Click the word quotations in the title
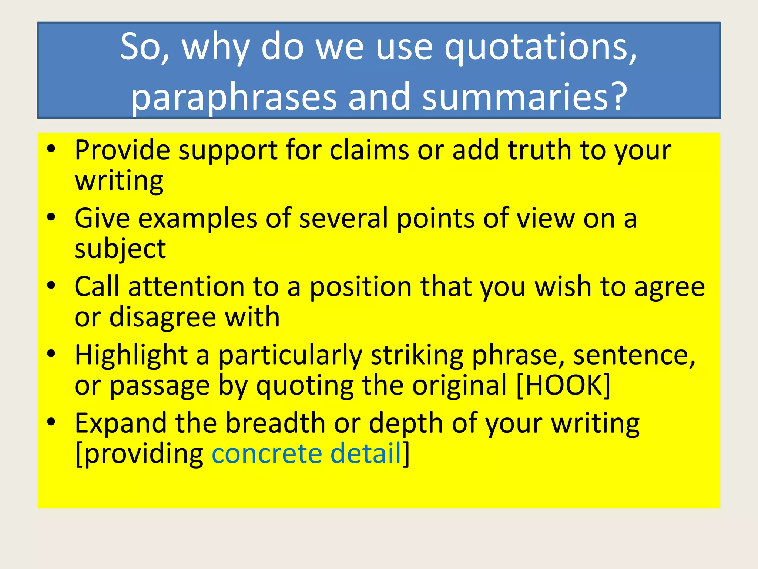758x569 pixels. coord(541,47)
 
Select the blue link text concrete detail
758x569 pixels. coord(307,453)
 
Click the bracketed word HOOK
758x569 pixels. coord(563,385)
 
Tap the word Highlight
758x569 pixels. coord(131,355)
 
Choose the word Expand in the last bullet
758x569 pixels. coord(121,423)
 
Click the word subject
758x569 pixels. coord(120,249)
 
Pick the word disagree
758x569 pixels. coord(162,317)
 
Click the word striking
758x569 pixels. coord(417,355)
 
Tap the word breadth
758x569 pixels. coord(275,423)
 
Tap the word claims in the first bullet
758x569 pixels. coord(369,150)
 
